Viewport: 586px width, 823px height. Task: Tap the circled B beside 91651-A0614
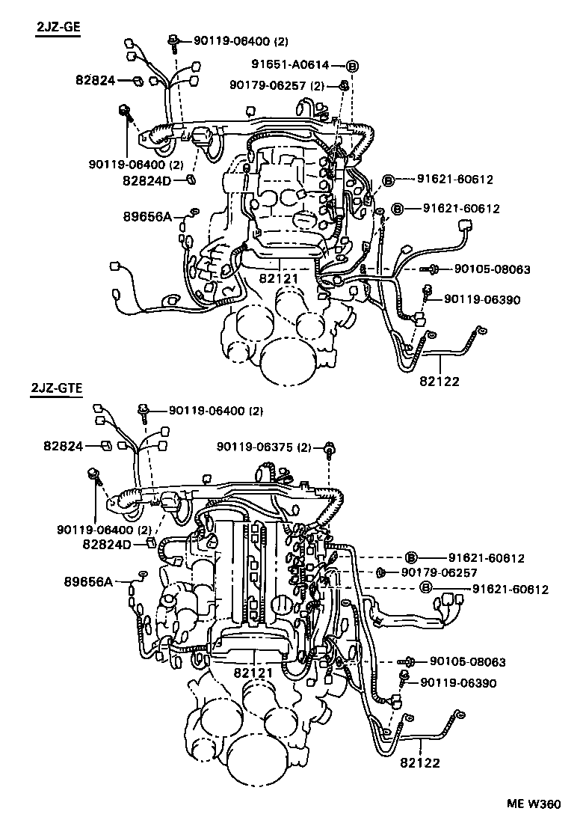352,65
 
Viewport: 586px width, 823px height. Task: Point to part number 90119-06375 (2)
264,447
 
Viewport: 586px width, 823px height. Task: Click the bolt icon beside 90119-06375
329,449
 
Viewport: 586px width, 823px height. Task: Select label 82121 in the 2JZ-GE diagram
279,278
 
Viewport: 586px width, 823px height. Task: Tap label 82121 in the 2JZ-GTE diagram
253,673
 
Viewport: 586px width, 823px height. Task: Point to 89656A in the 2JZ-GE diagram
148,216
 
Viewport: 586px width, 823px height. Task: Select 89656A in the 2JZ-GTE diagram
88,581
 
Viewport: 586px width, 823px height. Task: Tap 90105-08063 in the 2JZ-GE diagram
492,269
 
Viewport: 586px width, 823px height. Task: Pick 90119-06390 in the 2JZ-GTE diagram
458,682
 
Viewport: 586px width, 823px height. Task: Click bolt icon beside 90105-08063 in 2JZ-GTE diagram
410,661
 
